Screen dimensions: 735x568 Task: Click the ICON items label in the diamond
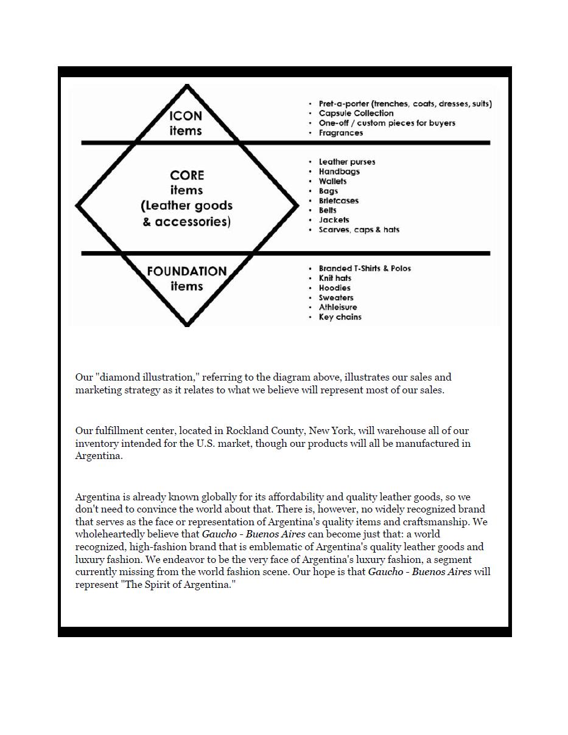[186, 123]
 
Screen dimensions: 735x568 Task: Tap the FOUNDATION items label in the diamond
[186, 278]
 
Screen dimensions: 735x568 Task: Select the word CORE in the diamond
[187, 175]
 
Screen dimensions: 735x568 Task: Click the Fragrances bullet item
[340, 133]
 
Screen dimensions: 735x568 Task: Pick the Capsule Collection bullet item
[356, 113]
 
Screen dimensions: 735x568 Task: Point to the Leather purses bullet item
[346, 162]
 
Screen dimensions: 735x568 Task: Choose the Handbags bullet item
[339, 171]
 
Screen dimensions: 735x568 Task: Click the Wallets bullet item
[332, 181]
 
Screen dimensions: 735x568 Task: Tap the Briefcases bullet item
[338, 201]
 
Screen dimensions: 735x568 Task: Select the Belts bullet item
[328, 210]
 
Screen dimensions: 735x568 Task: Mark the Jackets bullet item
[334, 220]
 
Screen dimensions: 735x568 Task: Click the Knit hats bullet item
[335, 278]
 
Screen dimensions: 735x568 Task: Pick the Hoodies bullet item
[334, 288]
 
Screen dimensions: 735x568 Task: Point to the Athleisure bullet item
[338, 307]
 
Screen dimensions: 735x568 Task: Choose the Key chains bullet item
[340, 317]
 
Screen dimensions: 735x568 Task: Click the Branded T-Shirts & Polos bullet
[364, 268]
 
